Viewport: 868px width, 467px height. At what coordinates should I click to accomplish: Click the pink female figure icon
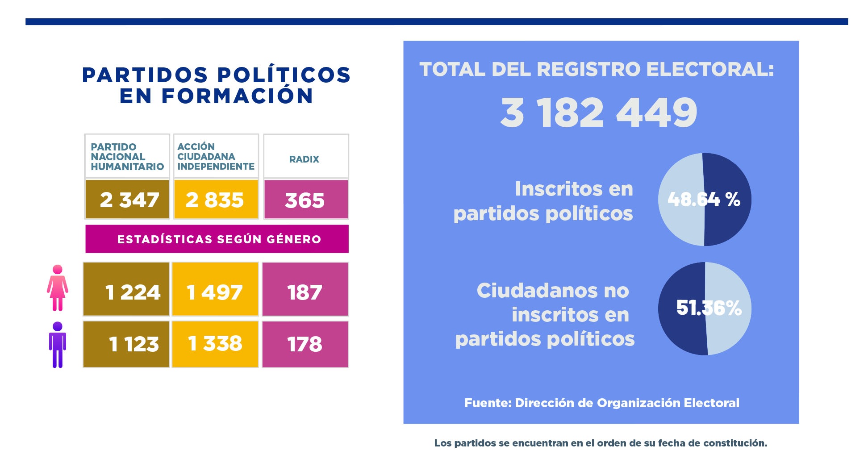click(x=58, y=288)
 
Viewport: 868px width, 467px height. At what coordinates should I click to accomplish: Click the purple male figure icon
click(x=58, y=345)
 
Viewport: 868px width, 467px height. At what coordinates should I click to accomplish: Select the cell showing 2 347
click(x=127, y=199)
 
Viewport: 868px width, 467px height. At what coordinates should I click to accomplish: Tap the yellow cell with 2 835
click(x=216, y=199)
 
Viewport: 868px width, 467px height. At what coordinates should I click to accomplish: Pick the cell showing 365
click(x=306, y=199)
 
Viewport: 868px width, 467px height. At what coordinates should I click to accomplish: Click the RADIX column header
click(x=306, y=156)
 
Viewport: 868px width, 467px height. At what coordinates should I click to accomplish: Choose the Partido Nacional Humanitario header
click(x=127, y=156)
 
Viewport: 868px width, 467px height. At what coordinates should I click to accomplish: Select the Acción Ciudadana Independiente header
click(x=216, y=156)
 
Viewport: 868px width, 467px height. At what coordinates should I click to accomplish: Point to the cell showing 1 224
click(x=126, y=289)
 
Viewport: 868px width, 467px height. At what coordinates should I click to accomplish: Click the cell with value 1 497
click(x=215, y=289)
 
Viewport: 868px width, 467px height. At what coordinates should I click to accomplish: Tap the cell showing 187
click(x=305, y=289)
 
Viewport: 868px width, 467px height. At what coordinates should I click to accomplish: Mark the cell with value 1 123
click(x=126, y=344)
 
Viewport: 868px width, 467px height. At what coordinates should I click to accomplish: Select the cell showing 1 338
click(x=215, y=344)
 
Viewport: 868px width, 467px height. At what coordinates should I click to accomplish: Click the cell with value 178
click(x=305, y=344)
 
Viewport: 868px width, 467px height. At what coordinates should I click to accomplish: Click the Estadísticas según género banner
click(x=217, y=239)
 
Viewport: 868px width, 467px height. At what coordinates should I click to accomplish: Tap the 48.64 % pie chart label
click(x=704, y=199)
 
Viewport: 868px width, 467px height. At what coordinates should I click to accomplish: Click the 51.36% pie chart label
click(x=709, y=308)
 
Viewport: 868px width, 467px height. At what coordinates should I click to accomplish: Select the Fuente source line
click(x=602, y=403)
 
